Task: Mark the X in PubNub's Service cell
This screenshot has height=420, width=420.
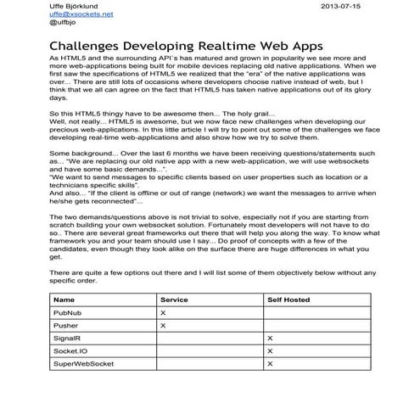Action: click(163, 313)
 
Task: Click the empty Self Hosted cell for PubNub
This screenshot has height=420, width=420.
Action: click(315, 313)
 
